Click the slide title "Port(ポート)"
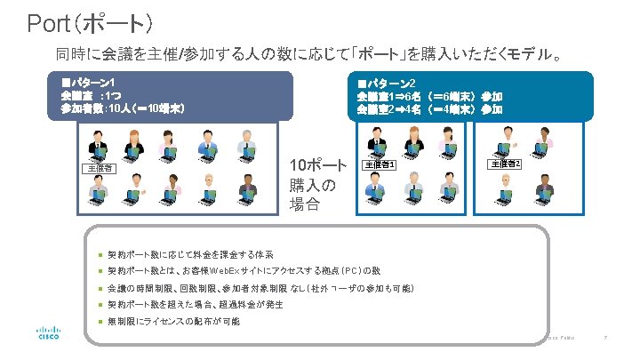tap(92, 22)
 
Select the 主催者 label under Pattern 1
tap(98, 167)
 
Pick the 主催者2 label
tap(506, 164)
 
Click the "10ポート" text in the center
tap(318, 166)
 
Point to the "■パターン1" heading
tap(88, 82)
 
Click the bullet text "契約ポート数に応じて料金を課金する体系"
tap(190, 253)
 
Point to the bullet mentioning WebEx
tap(244, 270)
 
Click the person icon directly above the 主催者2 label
tap(505, 140)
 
